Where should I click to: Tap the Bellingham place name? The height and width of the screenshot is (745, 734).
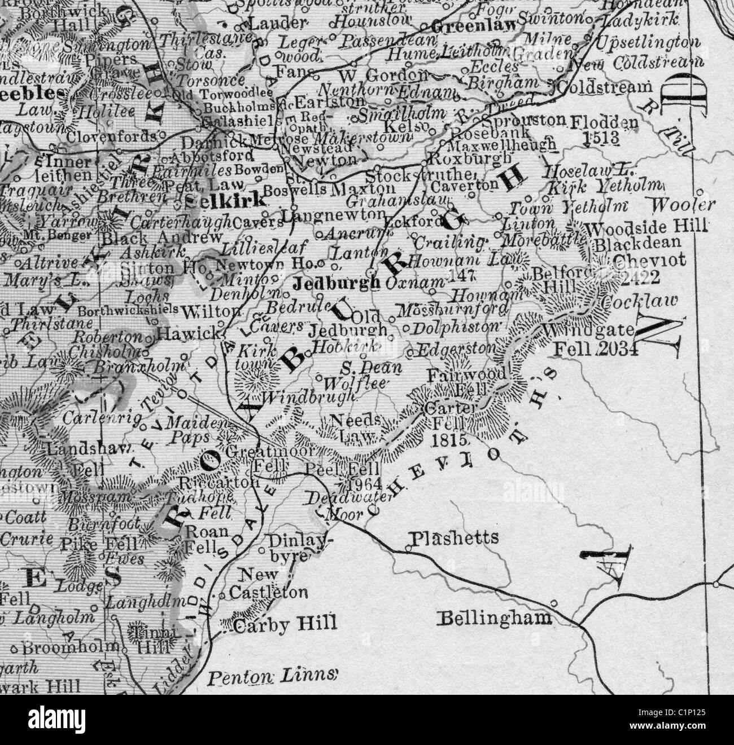point(495,619)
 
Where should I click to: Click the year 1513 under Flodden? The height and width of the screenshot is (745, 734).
point(604,136)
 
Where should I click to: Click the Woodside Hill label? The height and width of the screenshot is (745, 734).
point(646,227)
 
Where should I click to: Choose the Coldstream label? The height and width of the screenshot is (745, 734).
point(604,87)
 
